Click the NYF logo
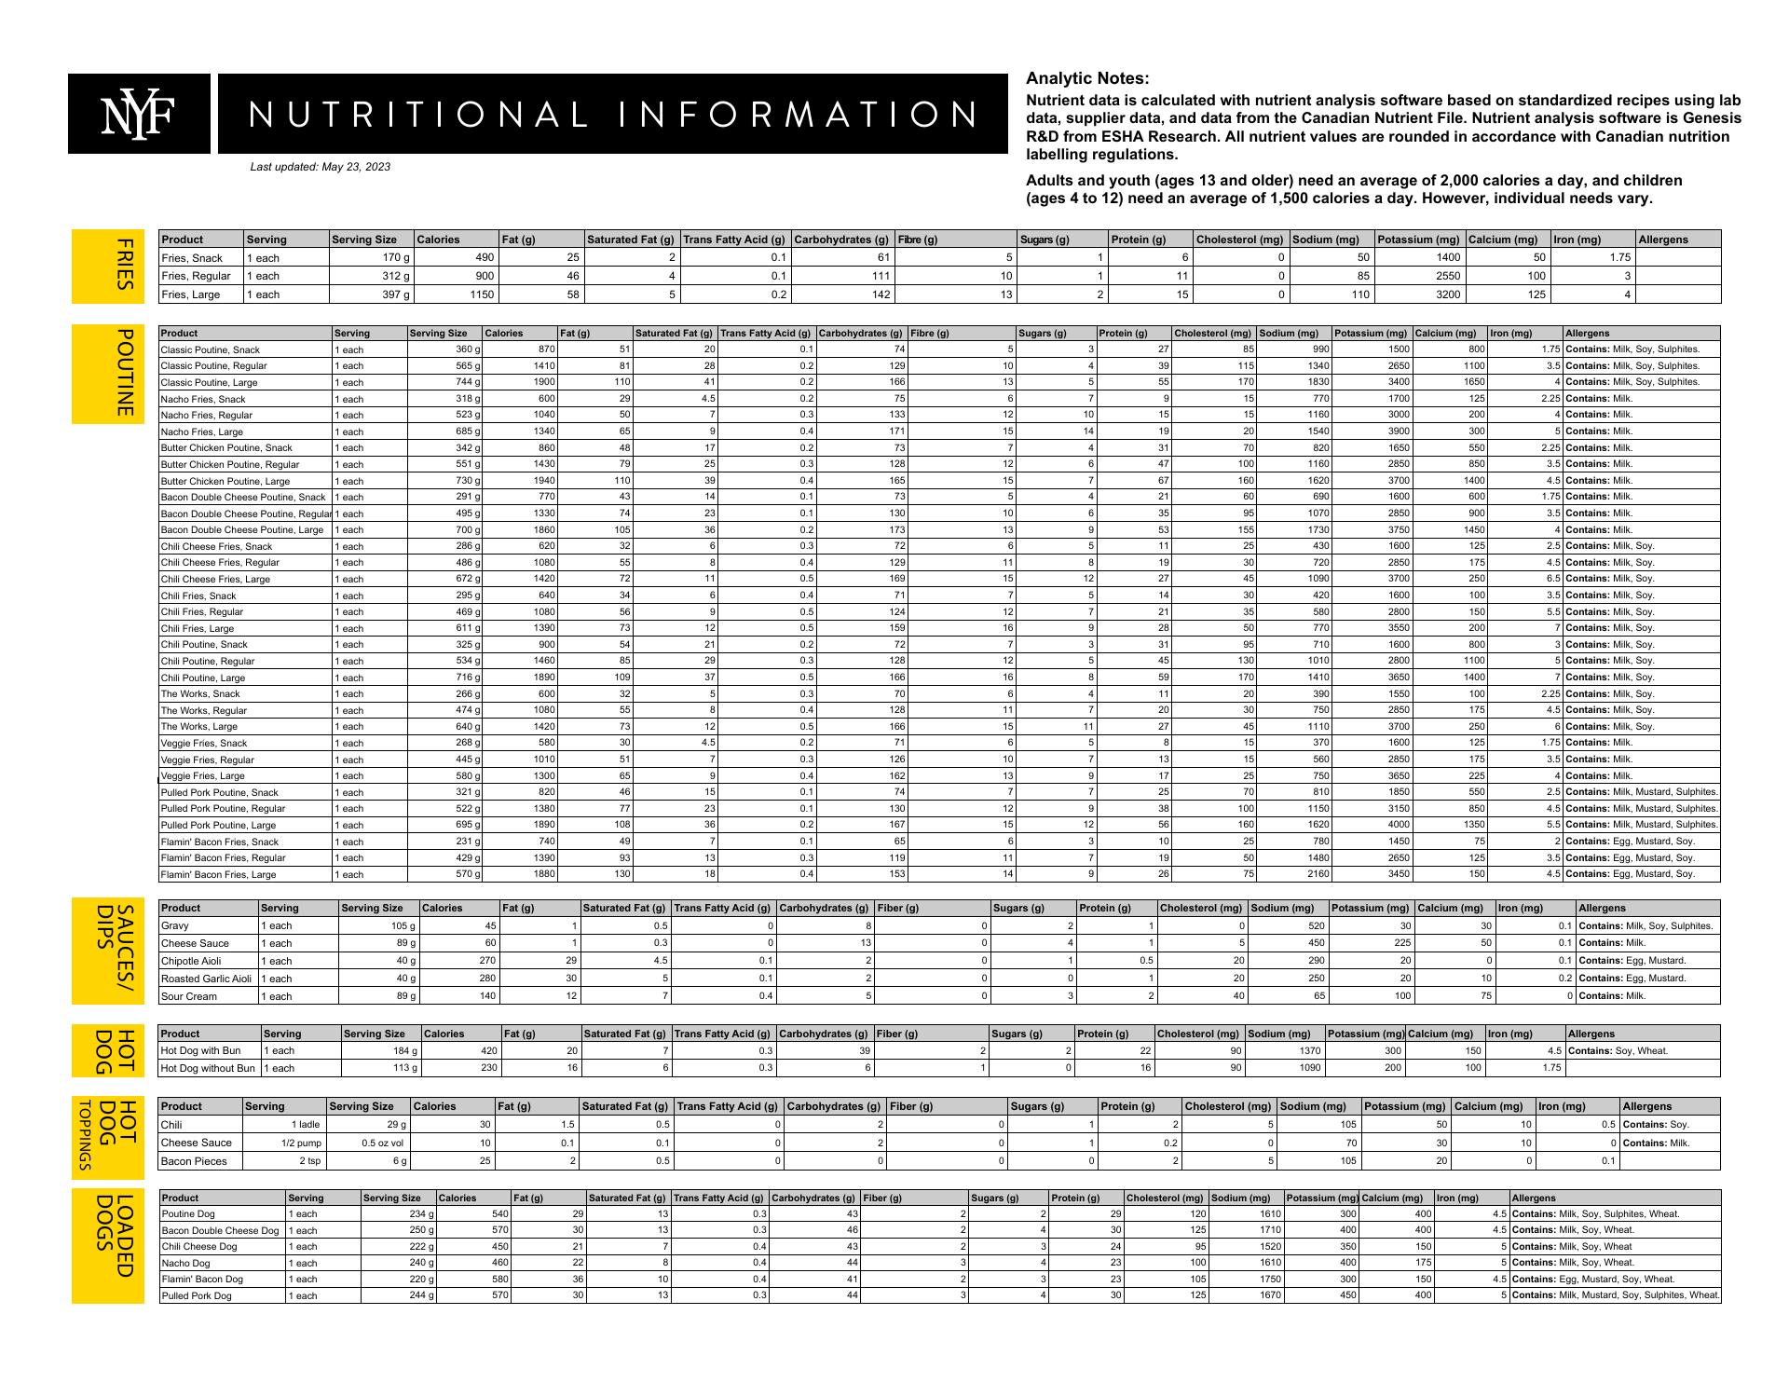click(x=140, y=114)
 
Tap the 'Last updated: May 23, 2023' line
click(x=320, y=168)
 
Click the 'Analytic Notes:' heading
click(x=1087, y=79)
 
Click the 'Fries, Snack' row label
click(x=192, y=258)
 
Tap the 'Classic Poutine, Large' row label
click(x=209, y=382)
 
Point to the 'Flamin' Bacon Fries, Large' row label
click(x=218, y=874)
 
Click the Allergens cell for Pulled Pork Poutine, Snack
click(x=1641, y=792)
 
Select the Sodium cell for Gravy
click(x=1287, y=925)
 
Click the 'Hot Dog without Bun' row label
click(x=208, y=1068)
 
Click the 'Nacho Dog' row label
click(x=185, y=1264)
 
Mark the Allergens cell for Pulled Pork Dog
click(x=1615, y=1295)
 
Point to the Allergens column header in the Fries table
click(x=1663, y=240)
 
